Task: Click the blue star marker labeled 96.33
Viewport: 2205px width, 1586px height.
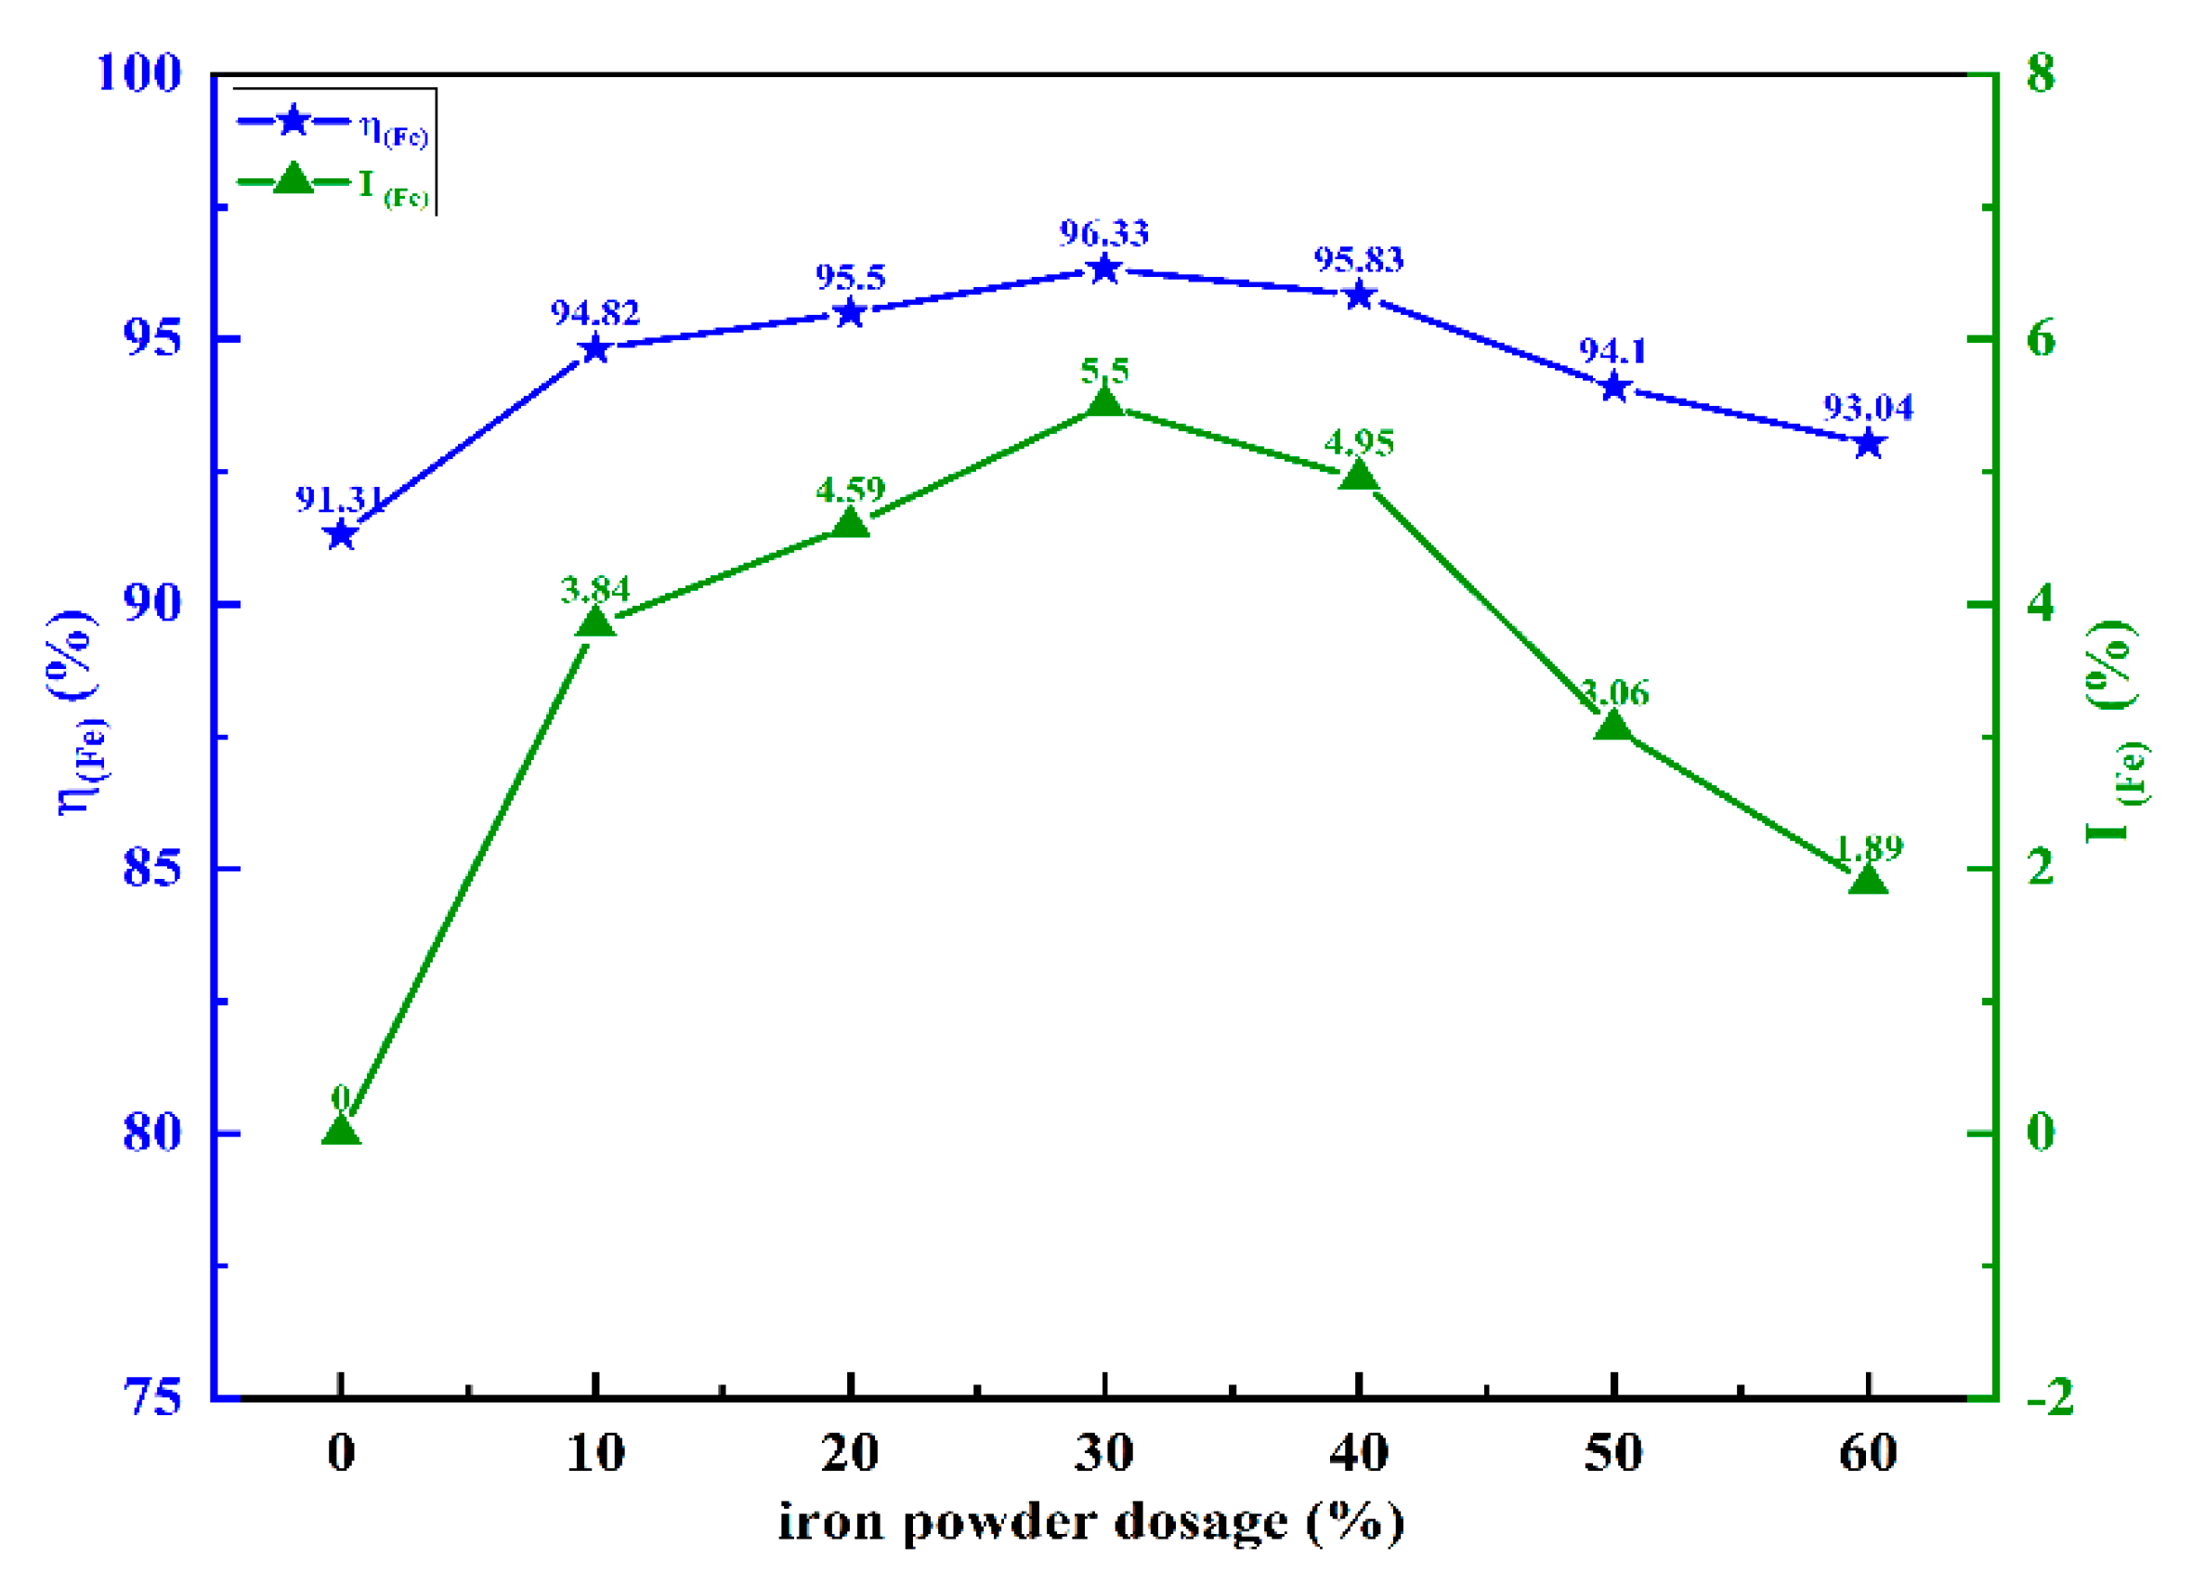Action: click(x=1104, y=269)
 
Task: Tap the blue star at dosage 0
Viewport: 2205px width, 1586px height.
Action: click(x=340, y=535)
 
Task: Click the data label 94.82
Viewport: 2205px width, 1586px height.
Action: click(x=595, y=313)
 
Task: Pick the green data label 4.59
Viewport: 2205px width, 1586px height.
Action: click(x=851, y=489)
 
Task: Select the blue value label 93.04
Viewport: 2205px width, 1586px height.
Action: click(x=1868, y=408)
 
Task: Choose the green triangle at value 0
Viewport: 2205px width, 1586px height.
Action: click(x=340, y=1131)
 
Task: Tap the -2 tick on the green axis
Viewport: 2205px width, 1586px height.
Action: click(x=2050, y=1398)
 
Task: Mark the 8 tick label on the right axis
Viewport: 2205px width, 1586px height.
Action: click(x=2041, y=74)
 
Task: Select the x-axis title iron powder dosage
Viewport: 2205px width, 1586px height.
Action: click(x=1090, y=1524)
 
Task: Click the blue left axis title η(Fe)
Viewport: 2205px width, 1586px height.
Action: click(x=78, y=713)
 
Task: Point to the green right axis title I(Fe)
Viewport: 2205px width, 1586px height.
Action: click(x=2118, y=729)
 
